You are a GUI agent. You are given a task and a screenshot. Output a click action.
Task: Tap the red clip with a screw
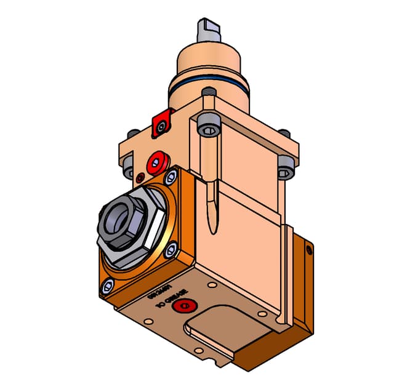tap(161, 124)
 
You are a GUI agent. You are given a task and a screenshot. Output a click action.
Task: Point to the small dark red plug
tap(140, 177)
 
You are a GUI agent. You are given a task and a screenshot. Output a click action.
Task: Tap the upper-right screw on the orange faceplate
tap(170, 178)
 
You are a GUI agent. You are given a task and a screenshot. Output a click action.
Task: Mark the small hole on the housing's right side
tap(310, 249)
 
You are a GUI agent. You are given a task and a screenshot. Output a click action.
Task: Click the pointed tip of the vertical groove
tap(213, 230)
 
